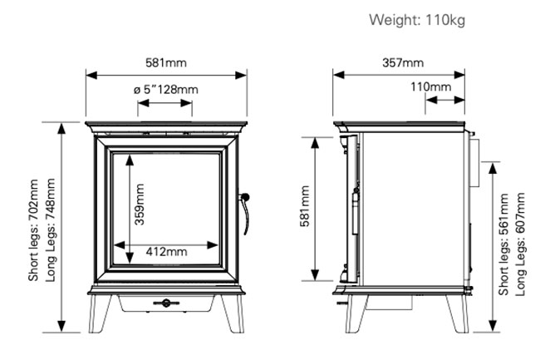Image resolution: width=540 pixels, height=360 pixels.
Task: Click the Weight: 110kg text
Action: click(417, 20)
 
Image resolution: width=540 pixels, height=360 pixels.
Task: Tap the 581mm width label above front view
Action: click(166, 62)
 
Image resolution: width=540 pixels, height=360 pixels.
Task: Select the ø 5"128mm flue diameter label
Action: click(166, 90)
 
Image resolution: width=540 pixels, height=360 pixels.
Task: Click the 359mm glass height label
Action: click(140, 205)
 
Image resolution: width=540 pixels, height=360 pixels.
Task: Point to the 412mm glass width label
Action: click(167, 251)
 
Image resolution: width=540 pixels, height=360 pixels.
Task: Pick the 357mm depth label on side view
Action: click(403, 62)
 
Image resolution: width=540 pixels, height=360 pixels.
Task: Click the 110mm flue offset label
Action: click(431, 86)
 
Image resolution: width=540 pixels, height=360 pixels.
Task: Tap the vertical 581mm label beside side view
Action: click(305, 206)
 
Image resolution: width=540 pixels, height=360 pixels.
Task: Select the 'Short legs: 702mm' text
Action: click(33, 230)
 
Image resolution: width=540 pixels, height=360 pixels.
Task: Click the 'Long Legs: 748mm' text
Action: click(51, 229)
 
